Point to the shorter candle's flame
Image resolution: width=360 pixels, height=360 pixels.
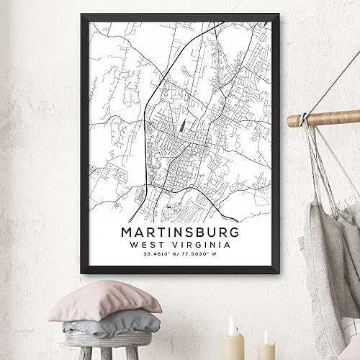(263, 334)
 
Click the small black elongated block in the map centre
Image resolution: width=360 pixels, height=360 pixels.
(181, 125)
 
